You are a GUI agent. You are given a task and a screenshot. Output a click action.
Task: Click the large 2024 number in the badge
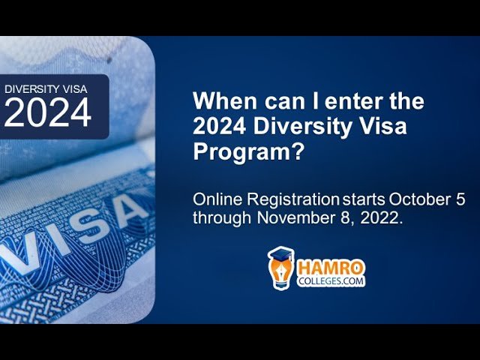click(47, 112)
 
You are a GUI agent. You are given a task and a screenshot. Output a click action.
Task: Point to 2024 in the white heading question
click(220, 126)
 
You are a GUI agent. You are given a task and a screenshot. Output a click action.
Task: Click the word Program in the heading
click(240, 152)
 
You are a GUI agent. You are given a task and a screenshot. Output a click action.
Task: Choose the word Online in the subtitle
click(217, 199)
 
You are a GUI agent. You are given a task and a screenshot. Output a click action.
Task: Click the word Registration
click(293, 200)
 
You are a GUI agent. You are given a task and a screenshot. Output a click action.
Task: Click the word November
click(298, 218)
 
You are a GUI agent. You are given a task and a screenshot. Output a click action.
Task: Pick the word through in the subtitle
click(222, 218)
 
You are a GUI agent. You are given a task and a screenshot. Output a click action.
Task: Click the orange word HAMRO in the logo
click(331, 268)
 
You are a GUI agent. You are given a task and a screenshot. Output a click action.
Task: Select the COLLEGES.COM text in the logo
click(331, 281)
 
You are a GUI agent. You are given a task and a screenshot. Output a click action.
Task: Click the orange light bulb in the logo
click(280, 269)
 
